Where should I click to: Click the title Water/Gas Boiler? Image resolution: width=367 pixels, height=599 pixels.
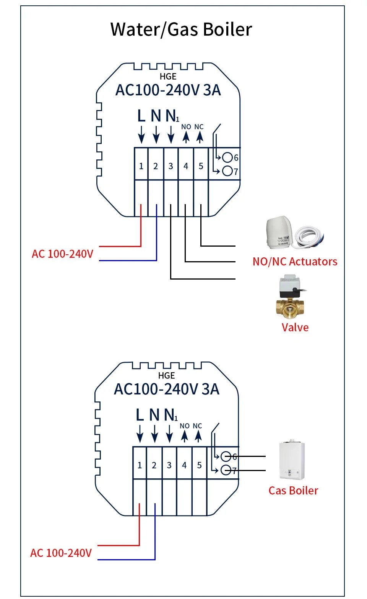[181, 29]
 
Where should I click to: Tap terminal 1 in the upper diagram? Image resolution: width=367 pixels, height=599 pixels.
[141, 166]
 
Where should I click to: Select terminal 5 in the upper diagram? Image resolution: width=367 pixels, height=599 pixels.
[201, 166]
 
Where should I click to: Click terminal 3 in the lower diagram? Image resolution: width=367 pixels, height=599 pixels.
[169, 465]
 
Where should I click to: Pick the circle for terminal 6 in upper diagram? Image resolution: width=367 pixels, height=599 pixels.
[228, 157]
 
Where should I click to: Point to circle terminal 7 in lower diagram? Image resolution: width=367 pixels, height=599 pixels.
[226, 470]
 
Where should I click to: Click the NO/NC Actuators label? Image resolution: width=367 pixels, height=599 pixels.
[295, 262]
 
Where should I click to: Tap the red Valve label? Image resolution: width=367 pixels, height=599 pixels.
[295, 327]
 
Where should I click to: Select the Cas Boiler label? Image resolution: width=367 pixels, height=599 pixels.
[293, 491]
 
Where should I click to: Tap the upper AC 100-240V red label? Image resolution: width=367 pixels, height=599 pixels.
[62, 254]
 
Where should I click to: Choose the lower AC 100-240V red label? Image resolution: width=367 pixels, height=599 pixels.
[61, 553]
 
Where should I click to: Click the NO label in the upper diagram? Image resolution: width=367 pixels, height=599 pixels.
[186, 127]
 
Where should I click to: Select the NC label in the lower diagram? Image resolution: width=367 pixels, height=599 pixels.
[197, 426]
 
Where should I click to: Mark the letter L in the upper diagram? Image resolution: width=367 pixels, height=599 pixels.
[141, 116]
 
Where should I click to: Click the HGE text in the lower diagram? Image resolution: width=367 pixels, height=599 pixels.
[166, 376]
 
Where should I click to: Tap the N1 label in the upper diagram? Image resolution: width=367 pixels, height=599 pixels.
[172, 116]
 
